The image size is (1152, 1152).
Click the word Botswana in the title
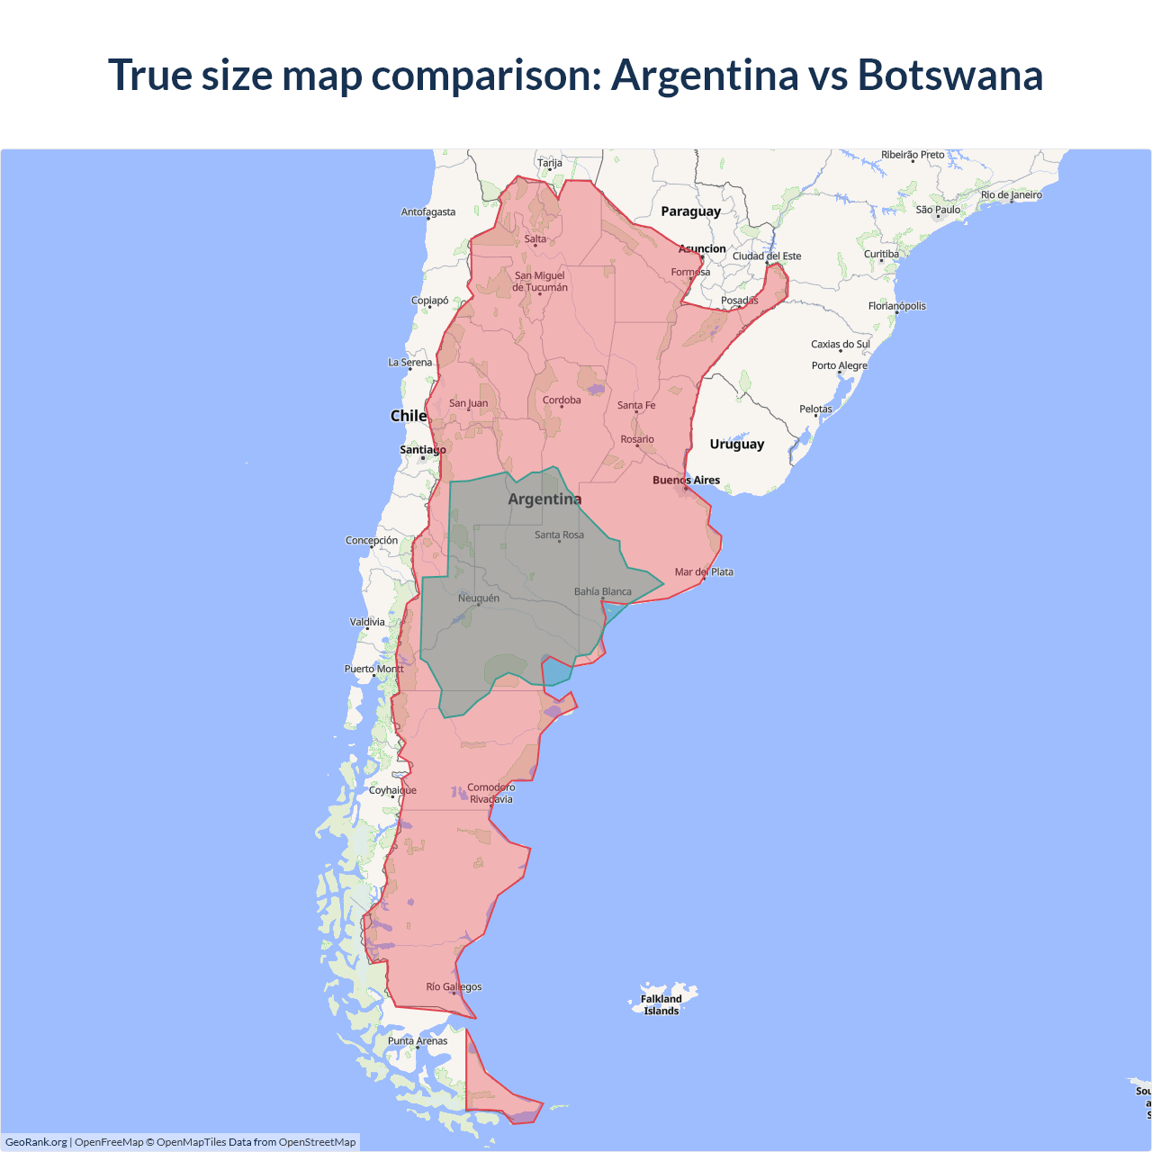(949, 75)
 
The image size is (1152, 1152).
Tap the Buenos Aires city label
(686, 480)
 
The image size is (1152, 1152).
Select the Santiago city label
(422, 449)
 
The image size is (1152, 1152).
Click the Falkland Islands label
(661, 1004)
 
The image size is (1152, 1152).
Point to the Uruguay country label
(736, 444)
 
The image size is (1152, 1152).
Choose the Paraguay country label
(690, 211)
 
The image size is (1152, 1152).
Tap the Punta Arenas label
(418, 1040)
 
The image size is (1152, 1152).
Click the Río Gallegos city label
(454, 986)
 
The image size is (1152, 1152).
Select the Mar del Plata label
(704, 571)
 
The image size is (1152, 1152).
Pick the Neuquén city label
(478, 598)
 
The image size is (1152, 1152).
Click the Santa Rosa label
(559, 535)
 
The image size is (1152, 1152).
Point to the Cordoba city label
(562, 400)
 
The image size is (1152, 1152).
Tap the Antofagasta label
(428, 212)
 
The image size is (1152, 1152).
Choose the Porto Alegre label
(839, 365)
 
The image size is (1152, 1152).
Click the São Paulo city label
(938, 210)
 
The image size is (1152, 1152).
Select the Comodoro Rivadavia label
(490, 793)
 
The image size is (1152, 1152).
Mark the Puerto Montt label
(374, 669)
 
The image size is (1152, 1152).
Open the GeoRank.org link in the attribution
(36, 1142)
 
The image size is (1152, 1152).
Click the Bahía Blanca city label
(602, 591)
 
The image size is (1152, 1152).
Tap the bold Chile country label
(409, 416)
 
